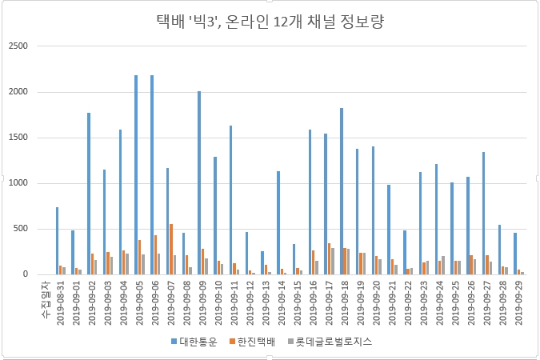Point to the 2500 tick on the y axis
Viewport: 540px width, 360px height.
tap(18, 46)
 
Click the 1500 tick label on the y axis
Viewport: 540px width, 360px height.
tap(18, 138)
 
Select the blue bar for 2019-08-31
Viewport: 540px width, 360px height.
tap(57, 240)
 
